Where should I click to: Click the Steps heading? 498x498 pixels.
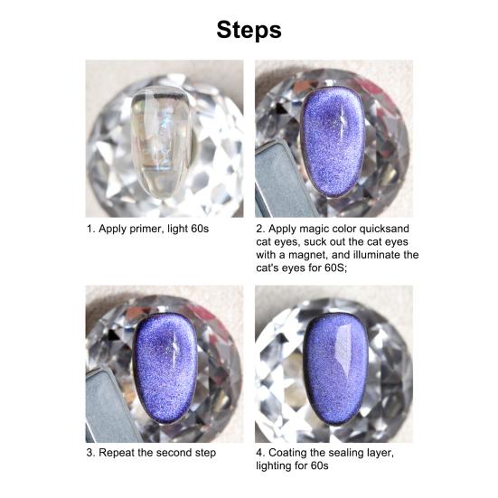pos(249,29)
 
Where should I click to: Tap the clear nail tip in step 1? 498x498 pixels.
pos(164,127)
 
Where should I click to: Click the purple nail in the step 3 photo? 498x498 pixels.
pos(165,371)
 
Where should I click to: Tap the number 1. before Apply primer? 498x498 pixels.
pos(90,230)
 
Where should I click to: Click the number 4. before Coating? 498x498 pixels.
pos(260,453)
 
